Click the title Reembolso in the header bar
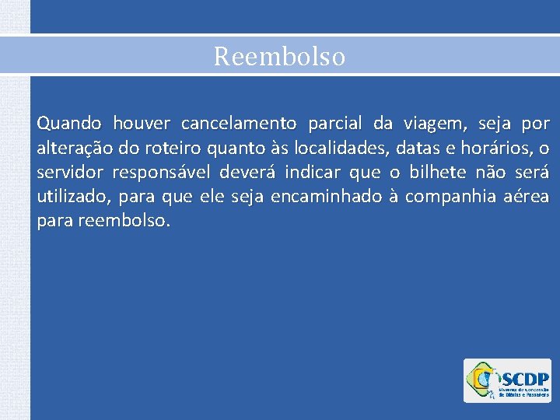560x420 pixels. pos(279,57)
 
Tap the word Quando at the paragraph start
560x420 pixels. pos(68,124)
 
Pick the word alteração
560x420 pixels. pos(72,148)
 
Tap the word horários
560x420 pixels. pos(493,148)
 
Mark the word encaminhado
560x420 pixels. pos(327,197)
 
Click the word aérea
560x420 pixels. pos(529,197)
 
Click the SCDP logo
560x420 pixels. pos(506,380)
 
